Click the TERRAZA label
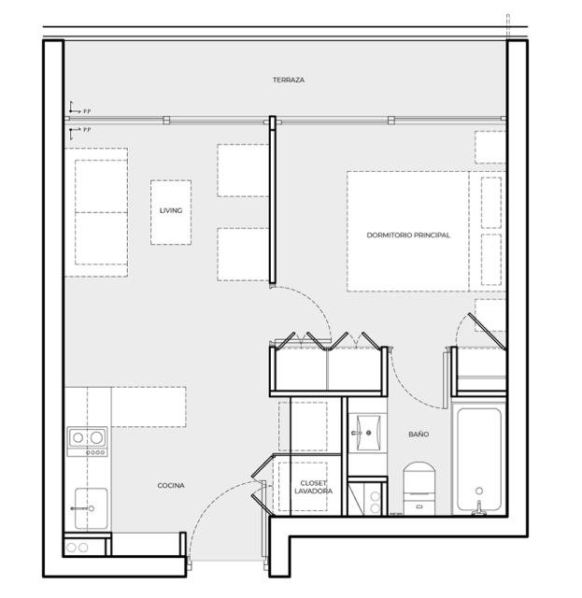pyautogui.click(x=289, y=80)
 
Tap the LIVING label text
pyautogui.click(x=171, y=210)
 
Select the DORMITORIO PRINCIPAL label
pyautogui.click(x=408, y=235)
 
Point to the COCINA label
pyautogui.click(x=171, y=486)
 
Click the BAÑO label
pyautogui.click(x=419, y=434)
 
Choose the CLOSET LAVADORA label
pyautogui.click(x=313, y=487)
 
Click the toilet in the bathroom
pyautogui.click(x=419, y=488)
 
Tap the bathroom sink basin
pyautogui.click(x=368, y=433)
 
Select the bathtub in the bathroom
pyautogui.click(x=479, y=461)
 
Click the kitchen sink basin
pyautogui.click(x=92, y=508)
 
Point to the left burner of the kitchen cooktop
pyautogui.click(x=78, y=437)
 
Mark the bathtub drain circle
pyautogui.click(x=479, y=491)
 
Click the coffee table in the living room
pyautogui.click(x=171, y=212)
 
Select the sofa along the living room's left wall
pyautogui.click(x=96, y=212)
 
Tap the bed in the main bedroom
pyautogui.click(x=426, y=232)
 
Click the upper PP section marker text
pyautogui.click(x=87, y=111)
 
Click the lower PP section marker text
pyautogui.click(x=87, y=130)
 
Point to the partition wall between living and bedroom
pyautogui.click(x=272, y=200)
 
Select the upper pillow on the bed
pyautogui.click(x=491, y=203)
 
